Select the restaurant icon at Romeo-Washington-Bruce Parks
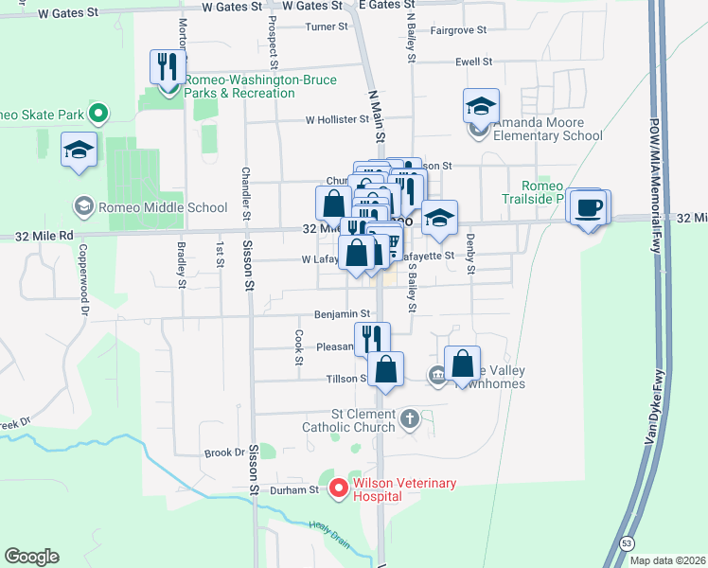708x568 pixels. pos(169,68)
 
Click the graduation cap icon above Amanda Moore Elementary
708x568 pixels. pos(481,106)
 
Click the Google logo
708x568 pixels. pos(31,557)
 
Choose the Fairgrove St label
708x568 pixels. pos(458,30)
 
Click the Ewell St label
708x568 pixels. pos(474,62)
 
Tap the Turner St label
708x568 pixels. pos(327,27)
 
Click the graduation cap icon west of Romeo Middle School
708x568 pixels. pos(80,149)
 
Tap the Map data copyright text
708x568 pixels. pos(664,560)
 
